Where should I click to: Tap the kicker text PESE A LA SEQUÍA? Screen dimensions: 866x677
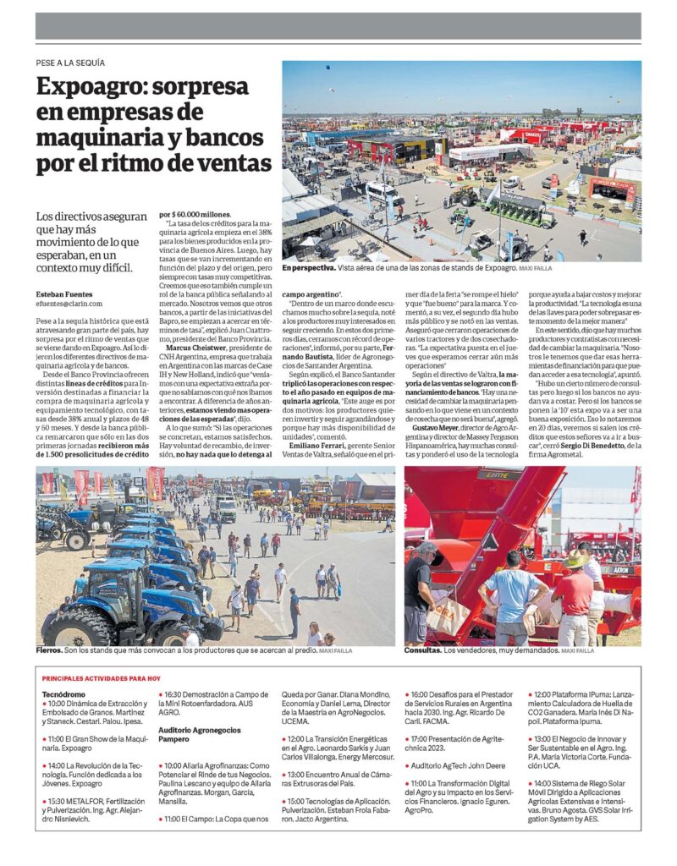pyautogui.click(x=70, y=63)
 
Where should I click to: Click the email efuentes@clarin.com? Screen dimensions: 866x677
pyautogui.click(x=69, y=303)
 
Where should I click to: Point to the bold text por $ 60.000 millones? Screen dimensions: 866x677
pyautogui.click(x=195, y=215)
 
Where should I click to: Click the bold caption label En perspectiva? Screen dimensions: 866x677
pyautogui.click(x=308, y=267)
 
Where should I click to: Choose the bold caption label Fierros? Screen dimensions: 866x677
pyautogui.click(x=49, y=650)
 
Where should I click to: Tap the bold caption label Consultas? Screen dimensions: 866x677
pyautogui.click(x=424, y=650)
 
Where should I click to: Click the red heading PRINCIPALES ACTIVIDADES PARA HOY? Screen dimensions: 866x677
pyautogui.click(x=102, y=678)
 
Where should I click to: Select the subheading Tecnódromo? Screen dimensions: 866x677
pyautogui.click(x=65, y=693)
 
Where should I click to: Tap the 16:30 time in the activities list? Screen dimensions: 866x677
pyautogui.click(x=174, y=694)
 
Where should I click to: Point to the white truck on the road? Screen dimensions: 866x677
pyautogui.click(x=225, y=507)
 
